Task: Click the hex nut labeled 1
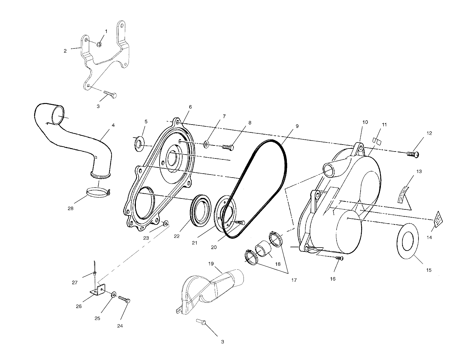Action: [x=99, y=44]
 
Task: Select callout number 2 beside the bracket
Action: [x=65, y=51]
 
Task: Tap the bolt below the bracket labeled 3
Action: [x=110, y=95]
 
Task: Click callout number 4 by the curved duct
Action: [x=113, y=125]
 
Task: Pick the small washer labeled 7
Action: [x=206, y=145]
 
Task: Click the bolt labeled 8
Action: [x=228, y=147]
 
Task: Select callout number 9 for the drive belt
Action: [x=297, y=126]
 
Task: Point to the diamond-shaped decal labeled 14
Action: [x=438, y=219]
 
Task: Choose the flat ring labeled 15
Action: [x=408, y=241]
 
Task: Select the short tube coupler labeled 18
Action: [x=263, y=248]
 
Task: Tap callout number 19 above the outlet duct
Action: [x=211, y=264]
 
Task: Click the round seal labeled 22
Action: [x=200, y=211]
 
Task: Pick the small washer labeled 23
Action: [x=166, y=223]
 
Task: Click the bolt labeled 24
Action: [x=124, y=299]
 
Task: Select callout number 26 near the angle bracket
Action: [x=79, y=306]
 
